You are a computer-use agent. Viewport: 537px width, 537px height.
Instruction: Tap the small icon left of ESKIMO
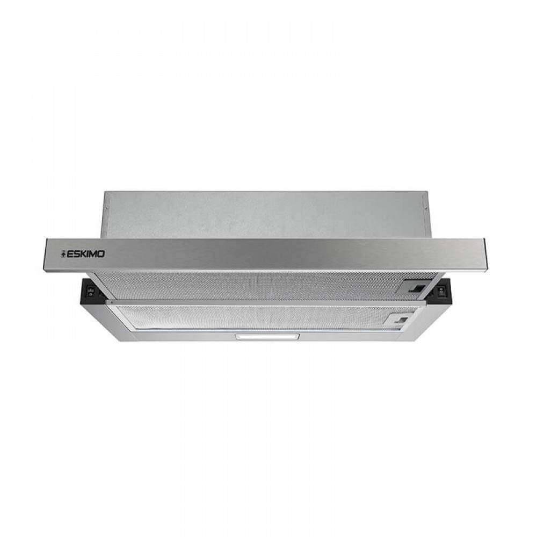click(x=63, y=254)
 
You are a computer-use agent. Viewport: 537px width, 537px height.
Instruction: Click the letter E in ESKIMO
click(x=68, y=254)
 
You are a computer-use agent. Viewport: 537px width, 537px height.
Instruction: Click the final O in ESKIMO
click(x=101, y=254)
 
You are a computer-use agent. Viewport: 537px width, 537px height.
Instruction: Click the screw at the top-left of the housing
click(x=106, y=207)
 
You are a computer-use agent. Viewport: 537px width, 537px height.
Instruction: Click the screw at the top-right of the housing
click(x=425, y=207)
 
